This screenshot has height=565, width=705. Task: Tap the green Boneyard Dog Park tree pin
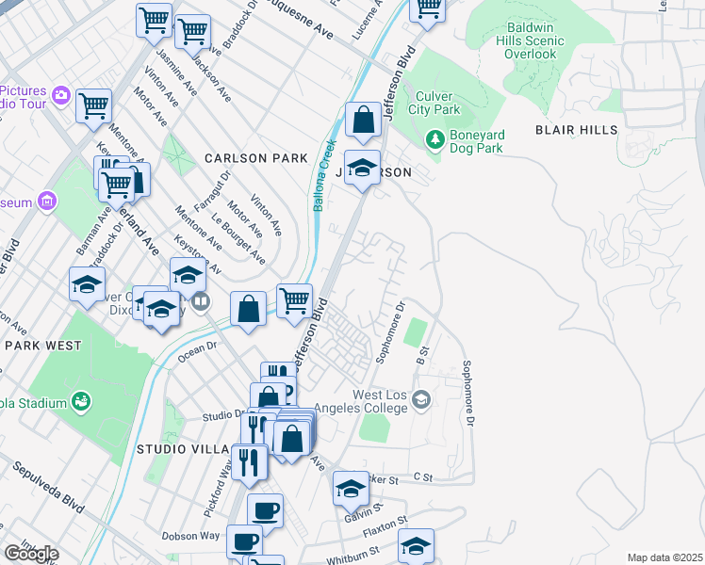(x=434, y=139)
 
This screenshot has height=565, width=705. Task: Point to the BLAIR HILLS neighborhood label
(x=577, y=130)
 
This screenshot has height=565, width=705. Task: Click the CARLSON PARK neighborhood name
(x=256, y=158)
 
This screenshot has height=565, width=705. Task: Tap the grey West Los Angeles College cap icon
(x=420, y=401)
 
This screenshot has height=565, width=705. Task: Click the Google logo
(x=32, y=554)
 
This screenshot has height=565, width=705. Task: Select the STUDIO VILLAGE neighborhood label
(x=184, y=448)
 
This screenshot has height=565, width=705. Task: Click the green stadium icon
(x=82, y=403)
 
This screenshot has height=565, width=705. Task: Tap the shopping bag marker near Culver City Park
(x=363, y=121)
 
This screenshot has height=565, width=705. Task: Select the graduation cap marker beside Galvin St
(x=351, y=489)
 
